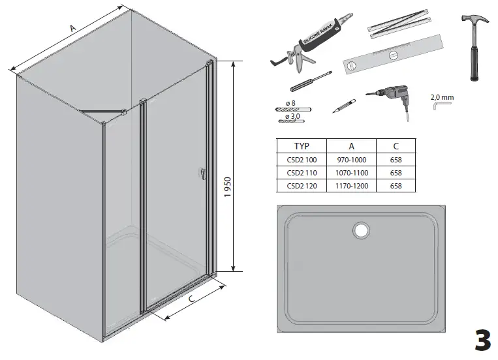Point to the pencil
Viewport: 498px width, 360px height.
click(344, 105)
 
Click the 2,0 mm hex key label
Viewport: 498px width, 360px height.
click(442, 98)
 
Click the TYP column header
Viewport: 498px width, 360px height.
click(301, 147)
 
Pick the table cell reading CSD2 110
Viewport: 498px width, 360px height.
click(301, 173)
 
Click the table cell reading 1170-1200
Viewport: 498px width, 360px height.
click(351, 186)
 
